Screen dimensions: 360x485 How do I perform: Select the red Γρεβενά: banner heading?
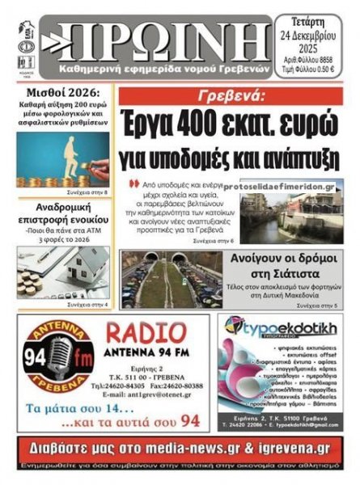pos(231,96)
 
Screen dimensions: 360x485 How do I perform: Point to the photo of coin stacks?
pos(62,159)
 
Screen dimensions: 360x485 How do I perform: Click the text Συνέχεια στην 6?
pos(214,241)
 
